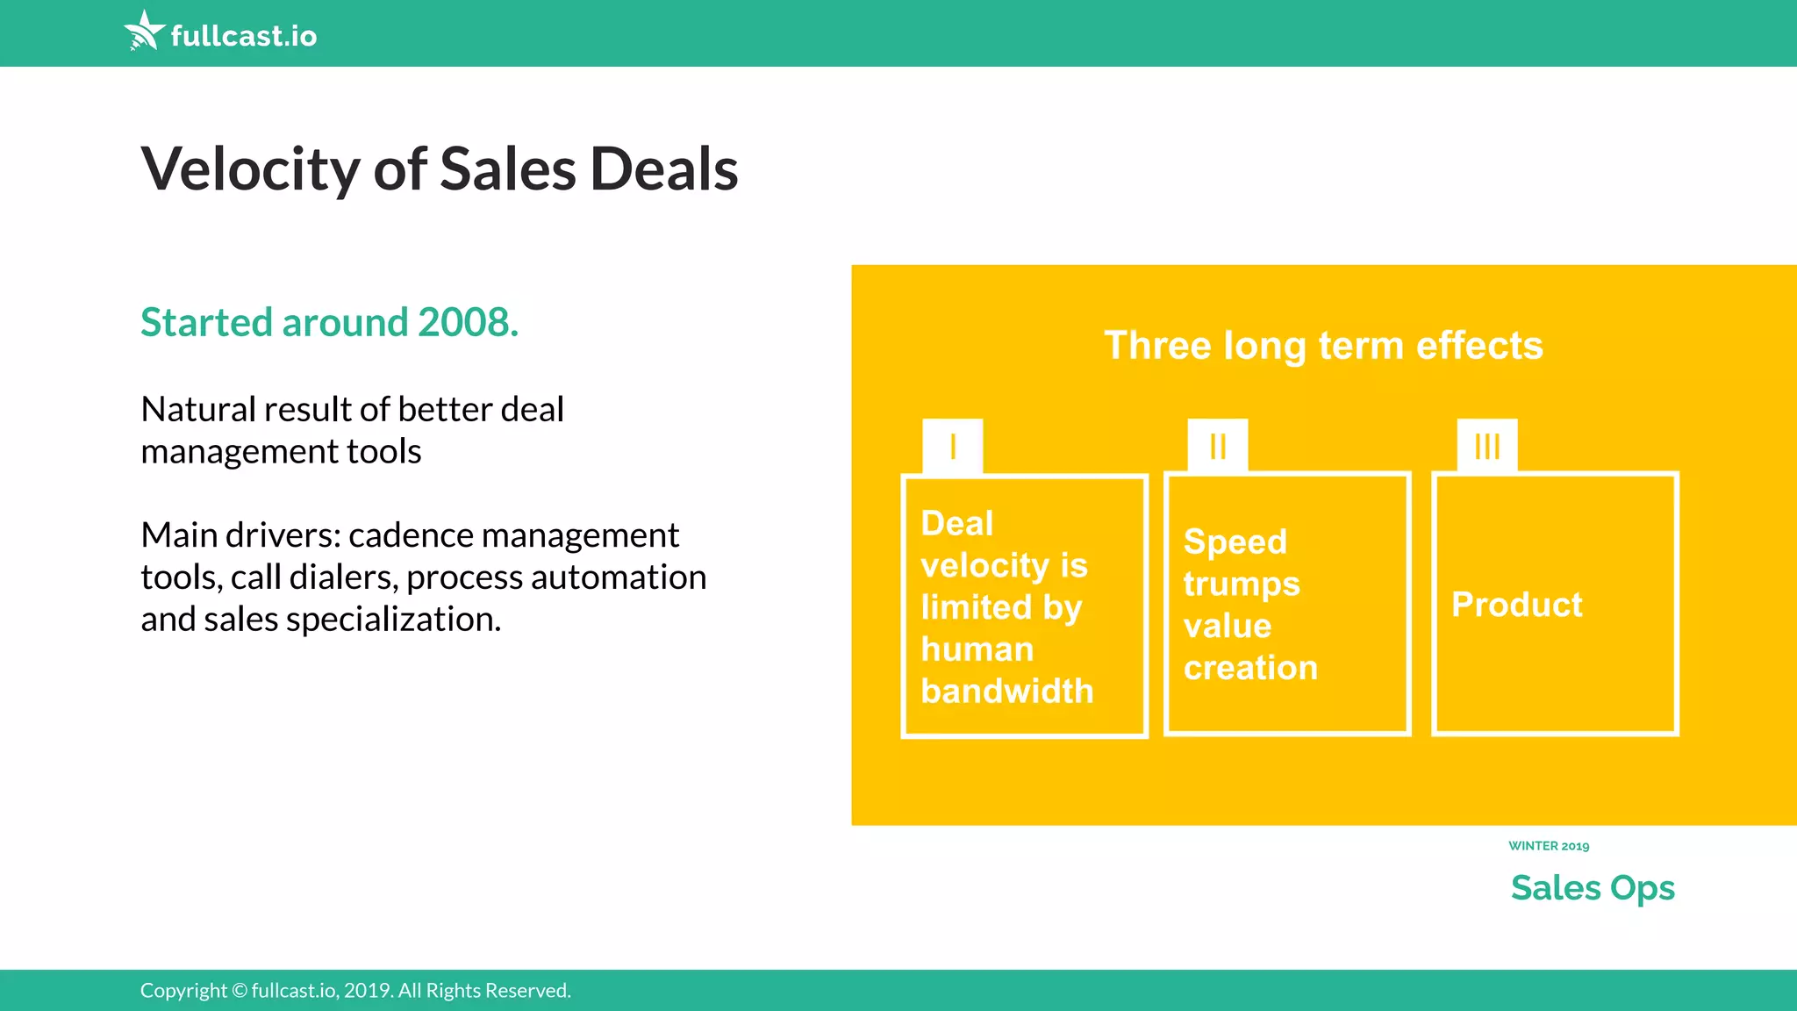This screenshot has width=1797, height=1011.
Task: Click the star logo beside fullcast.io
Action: (x=144, y=31)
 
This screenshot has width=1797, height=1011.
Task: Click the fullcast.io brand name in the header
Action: (x=243, y=36)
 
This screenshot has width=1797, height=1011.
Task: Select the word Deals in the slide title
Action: (x=663, y=169)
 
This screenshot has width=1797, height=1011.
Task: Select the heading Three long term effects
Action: (x=1323, y=346)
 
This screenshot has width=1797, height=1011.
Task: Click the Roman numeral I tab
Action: (x=953, y=447)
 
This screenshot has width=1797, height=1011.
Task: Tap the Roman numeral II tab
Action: (x=1218, y=447)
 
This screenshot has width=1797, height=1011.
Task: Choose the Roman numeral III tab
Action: (x=1487, y=447)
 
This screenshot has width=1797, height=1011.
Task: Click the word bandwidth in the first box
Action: (x=1007, y=692)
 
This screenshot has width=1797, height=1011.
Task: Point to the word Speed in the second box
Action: (x=1235, y=542)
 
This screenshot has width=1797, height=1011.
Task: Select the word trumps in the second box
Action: (x=1241, y=584)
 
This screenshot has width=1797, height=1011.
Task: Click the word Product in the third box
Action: (x=1516, y=605)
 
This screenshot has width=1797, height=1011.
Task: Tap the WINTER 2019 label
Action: (x=1549, y=846)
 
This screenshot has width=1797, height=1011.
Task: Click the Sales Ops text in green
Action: (x=1593, y=888)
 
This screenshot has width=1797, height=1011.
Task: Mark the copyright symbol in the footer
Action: (x=240, y=991)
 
